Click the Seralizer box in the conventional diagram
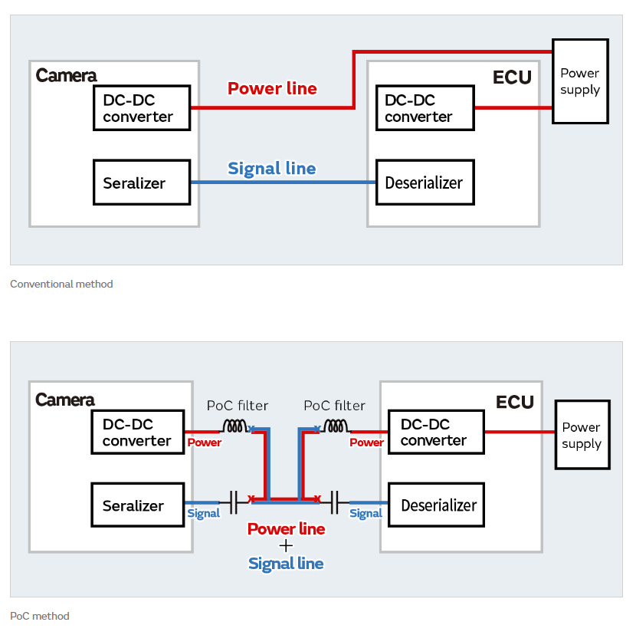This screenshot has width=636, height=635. [x=142, y=183]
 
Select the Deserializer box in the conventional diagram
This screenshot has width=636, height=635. [x=424, y=183]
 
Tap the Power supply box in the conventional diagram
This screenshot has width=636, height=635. [x=580, y=81]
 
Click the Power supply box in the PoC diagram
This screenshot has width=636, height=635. [x=582, y=435]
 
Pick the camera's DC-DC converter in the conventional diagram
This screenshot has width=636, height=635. [x=142, y=108]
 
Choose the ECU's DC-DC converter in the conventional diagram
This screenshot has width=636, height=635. [x=425, y=108]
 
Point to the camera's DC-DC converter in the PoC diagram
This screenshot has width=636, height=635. [x=138, y=433]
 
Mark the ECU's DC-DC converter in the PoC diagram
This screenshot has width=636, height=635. [x=436, y=433]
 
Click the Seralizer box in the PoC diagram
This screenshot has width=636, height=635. [x=138, y=505]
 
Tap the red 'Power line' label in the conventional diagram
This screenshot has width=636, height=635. [x=272, y=88]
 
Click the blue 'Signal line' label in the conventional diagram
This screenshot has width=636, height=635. [x=272, y=169]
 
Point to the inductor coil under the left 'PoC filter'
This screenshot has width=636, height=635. [x=235, y=426]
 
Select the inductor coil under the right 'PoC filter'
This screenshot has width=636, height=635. [x=334, y=426]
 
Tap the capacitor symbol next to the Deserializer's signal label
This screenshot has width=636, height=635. [x=335, y=504]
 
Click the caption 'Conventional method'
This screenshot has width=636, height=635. [x=61, y=284]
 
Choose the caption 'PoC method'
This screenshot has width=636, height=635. [x=40, y=616]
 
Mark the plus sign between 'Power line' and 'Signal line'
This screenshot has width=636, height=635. [x=286, y=546]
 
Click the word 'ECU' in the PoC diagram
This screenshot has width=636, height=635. [x=515, y=403]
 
